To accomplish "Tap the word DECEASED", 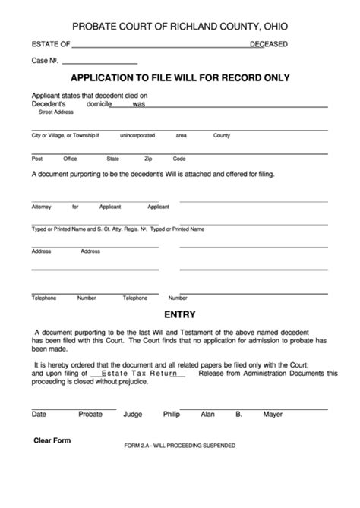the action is (268, 44).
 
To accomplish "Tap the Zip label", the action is (149, 159).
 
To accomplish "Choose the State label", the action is (113, 159).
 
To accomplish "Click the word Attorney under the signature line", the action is (42, 206).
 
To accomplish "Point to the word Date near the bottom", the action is (39, 415).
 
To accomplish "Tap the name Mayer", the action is (273, 415).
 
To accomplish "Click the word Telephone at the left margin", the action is (43, 298).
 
